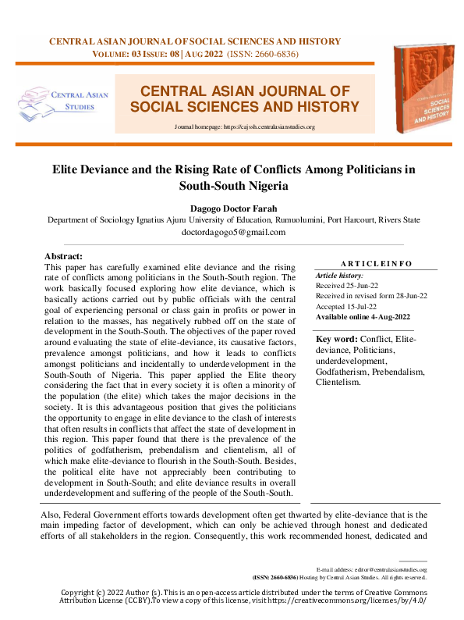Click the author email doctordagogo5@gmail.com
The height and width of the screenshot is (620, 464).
tap(233, 232)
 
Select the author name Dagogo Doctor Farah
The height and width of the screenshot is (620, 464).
tap(233, 208)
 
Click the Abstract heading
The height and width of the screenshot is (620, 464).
tap(64, 256)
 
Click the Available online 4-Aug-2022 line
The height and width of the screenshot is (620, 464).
tap(363, 317)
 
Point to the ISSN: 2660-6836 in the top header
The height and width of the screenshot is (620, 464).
tap(262, 54)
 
